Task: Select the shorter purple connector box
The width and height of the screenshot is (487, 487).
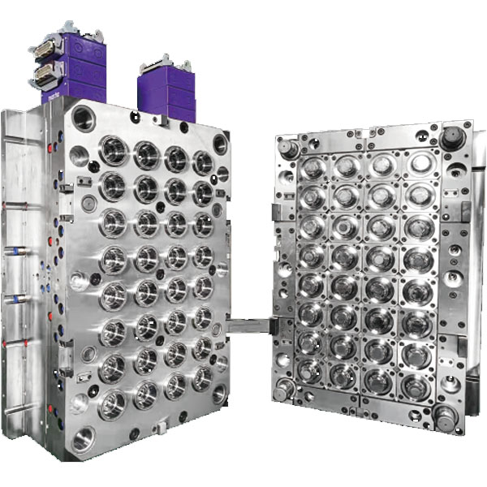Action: [x=166, y=89]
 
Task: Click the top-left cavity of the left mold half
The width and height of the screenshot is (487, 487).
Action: [x=113, y=151]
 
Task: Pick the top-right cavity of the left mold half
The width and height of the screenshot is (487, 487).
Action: [x=202, y=162]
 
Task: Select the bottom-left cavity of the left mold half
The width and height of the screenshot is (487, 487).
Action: [x=112, y=403]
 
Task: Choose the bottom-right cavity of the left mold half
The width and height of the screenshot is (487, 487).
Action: [x=201, y=378]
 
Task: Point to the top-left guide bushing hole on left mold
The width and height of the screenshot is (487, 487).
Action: [x=83, y=120]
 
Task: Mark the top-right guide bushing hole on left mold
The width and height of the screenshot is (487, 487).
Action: [x=220, y=145]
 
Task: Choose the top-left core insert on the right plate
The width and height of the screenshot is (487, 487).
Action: [x=313, y=169]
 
